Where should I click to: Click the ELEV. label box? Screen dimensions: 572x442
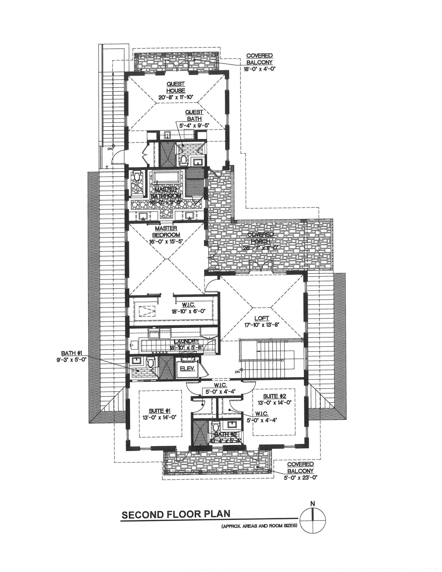pyautogui.click(x=187, y=368)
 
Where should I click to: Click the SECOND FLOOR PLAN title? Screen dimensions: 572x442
pyautogui.click(x=176, y=514)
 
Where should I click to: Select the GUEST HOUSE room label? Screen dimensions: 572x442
pyautogui.click(x=176, y=87)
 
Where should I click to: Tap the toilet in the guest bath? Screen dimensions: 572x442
pyautogui.click(x=183, y=160)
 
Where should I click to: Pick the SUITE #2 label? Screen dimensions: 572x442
pyautogui.click(x=274, y=396)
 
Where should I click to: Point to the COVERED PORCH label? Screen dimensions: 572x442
pyautogui.click(x=260, y=237)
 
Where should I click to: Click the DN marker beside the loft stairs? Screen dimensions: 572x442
pyautogui.click(x=237, y=372)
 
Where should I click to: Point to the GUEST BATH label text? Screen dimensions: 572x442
pyautogui.click(x=194, y=116)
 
